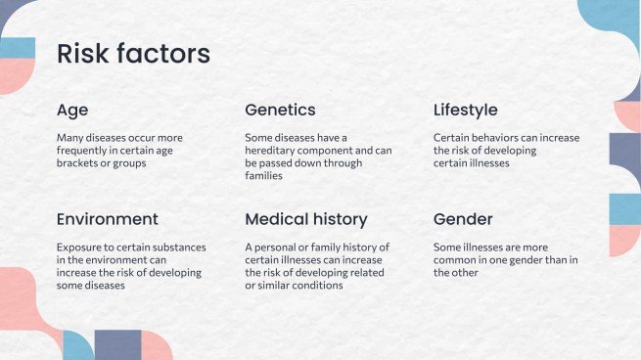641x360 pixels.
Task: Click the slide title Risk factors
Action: point(133,54)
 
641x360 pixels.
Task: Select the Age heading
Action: point(72,111)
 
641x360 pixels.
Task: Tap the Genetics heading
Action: point(280,110)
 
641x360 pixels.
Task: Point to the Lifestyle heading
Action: point(465,111)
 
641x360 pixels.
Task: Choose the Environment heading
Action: point(107,219)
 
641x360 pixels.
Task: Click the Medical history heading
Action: point(306,220)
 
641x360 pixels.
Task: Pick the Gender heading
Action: point(463,219)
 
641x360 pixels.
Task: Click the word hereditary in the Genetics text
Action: point(270,151)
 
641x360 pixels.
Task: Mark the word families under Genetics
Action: point(263,176)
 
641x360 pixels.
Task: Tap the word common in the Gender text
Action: point(451,260)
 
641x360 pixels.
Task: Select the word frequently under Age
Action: point(81,151)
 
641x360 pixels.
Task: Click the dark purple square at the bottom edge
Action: point(118,345)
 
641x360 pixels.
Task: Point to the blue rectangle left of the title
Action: point(18,48)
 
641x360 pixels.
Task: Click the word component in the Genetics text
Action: point(325,151)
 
